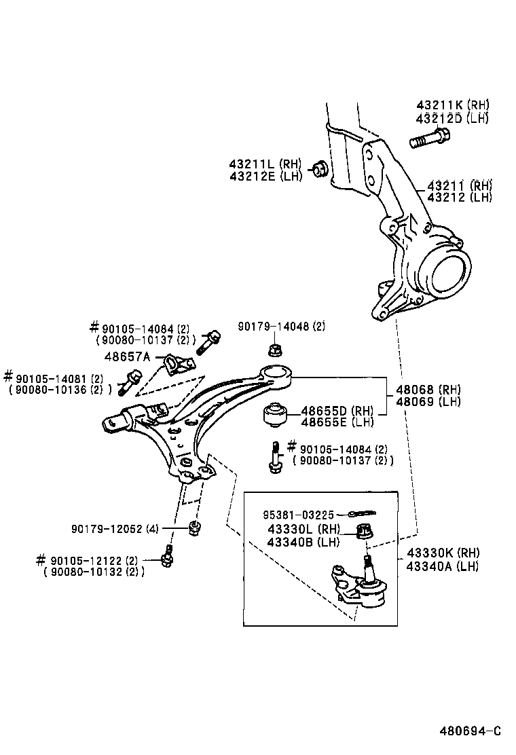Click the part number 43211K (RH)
pyautogui.click(x=452, y=105)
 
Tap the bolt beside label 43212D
pyautogui.click(x=426, y=140)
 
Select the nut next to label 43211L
pyautogui.click(x=320, y=169)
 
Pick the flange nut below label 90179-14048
pyautogui.click(x=276, y=350)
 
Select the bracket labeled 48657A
pyautogui.click(x=175, y=365)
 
